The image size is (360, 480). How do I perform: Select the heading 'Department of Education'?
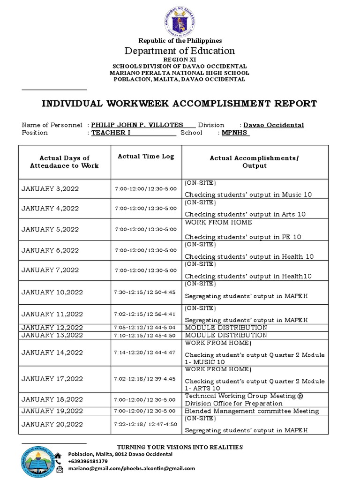[180, 51]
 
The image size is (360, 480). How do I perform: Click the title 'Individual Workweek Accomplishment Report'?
[180, 104]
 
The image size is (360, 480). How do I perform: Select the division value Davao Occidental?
[274, 125]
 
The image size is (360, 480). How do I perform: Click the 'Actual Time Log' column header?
[146, 157]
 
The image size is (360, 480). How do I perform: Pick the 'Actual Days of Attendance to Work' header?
[65, 162]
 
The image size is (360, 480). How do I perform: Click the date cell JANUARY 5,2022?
[50, 229]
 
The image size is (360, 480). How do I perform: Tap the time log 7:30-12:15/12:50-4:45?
[144, 292]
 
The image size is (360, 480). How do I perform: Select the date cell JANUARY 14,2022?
[52, 352]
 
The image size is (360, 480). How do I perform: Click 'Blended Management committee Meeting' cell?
[252, 411]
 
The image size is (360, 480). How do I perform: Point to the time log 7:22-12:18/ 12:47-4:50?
[146, 424]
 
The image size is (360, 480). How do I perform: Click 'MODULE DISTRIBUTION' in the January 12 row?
[226, 328]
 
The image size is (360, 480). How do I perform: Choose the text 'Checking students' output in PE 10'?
[243, 237]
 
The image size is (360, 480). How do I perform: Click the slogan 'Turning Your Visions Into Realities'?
[180, 447]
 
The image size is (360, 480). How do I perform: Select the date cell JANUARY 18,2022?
[52, 399]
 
